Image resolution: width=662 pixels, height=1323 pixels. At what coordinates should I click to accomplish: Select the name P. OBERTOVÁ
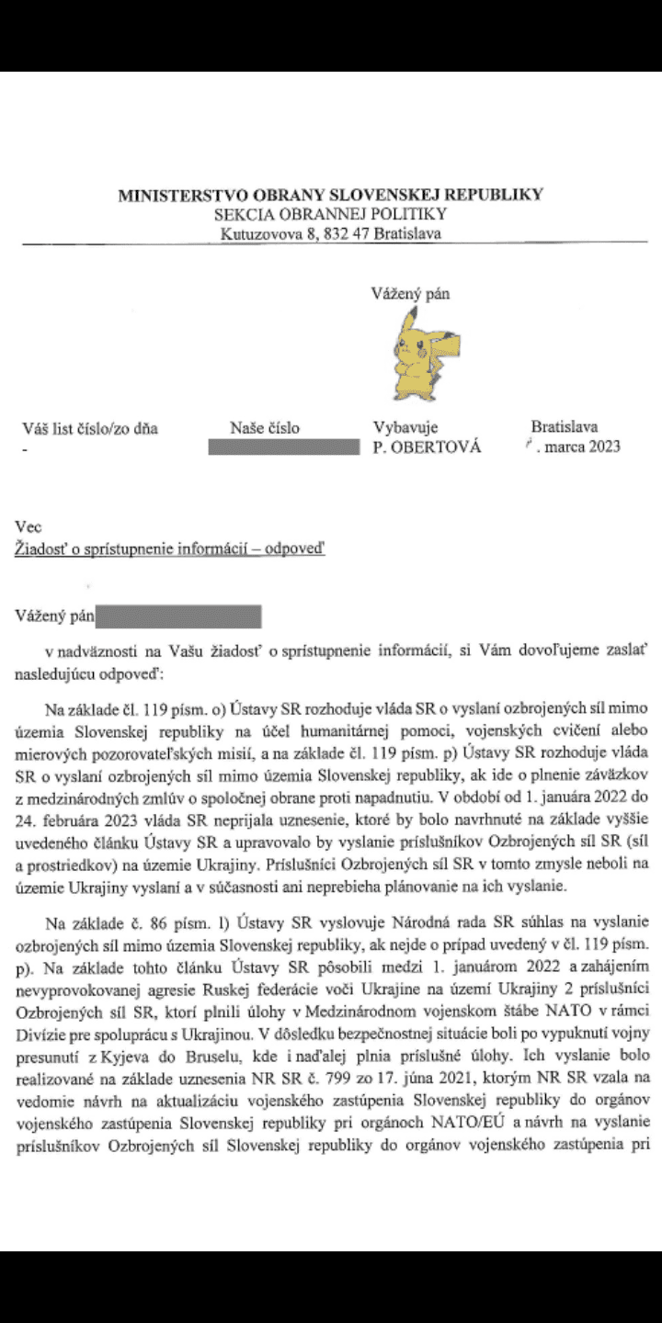point(427,448)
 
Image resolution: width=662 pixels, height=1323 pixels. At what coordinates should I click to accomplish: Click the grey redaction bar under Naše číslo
point(284,448)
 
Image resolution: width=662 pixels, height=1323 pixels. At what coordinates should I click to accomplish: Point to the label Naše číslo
point(265,427)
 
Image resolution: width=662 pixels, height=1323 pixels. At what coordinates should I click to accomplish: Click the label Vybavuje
point(405,427)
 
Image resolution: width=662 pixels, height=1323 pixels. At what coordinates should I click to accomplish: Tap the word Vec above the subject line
point(29,527)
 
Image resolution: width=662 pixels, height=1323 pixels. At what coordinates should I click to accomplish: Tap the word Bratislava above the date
point(565,427)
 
